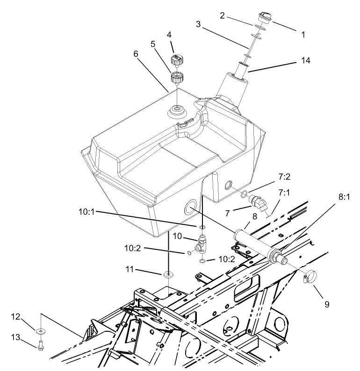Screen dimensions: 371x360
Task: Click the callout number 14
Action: pos(305,61)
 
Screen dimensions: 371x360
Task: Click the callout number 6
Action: pos(136,54)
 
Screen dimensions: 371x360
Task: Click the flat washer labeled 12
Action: pos(41,331)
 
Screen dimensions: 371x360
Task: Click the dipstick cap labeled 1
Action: pos(261,21)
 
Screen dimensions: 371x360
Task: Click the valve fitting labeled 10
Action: pos(201,242)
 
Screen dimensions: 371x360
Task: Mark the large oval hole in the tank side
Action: pos(192,207)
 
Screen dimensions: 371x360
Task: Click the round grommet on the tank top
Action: pos(177,111)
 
